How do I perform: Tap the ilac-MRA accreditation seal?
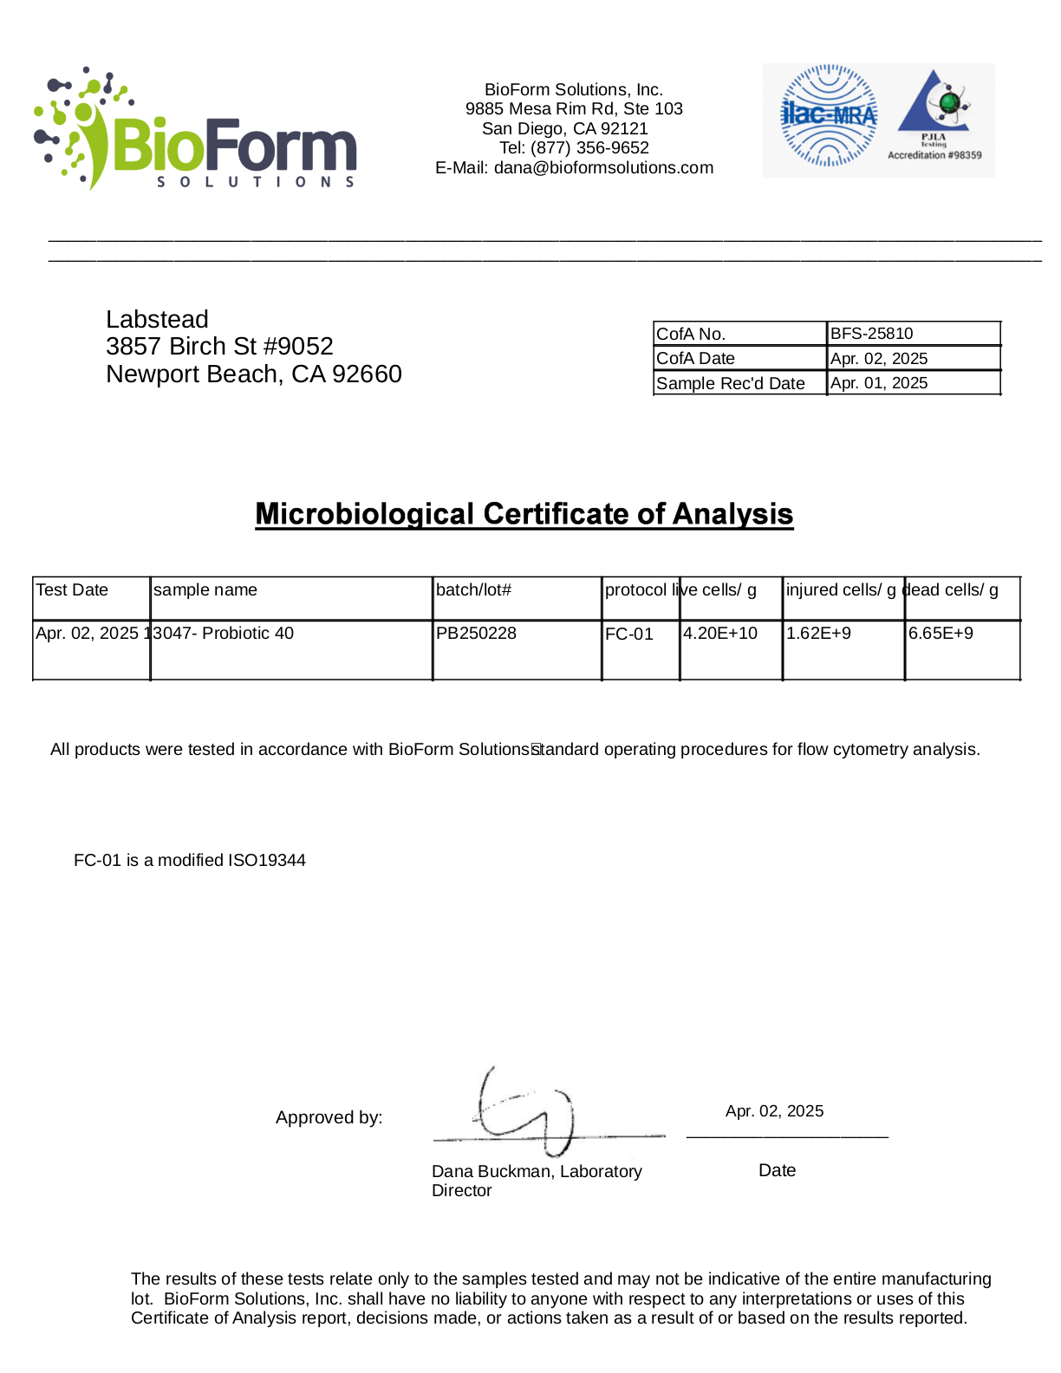tap(829, 115)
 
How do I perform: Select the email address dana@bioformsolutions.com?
tap(603, 168)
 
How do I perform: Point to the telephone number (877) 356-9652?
tap(589, 148)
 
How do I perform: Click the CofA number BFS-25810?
tap(871, 334)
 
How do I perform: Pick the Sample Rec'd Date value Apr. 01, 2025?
tap(879, 383)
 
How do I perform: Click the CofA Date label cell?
tap(696, 359)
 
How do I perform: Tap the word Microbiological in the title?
tap(364, 514)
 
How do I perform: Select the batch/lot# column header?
tap(473, 590)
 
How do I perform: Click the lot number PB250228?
tap(476, 634)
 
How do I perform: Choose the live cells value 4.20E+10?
tap(720, 634)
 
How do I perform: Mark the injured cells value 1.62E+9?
tap(818, 634)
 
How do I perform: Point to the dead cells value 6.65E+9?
tap(941, 634)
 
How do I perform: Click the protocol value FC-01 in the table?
tap(629, 634)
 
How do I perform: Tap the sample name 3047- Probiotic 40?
tap(224, 634)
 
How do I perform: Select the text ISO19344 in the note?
tap(267, 861)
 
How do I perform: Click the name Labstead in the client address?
tap(157, 320)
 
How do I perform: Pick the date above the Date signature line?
tap(774, 1111)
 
